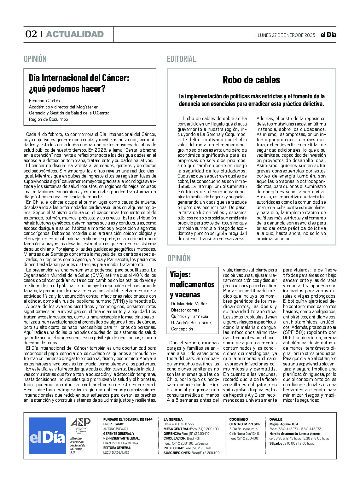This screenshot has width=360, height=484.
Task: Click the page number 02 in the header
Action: point(31,34)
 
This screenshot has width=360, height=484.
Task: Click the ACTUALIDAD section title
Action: point(75,34)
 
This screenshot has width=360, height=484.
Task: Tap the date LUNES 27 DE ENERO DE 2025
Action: point(286,35)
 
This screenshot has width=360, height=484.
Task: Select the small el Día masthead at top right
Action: point(328,35)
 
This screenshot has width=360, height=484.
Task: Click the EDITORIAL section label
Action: point(181,59)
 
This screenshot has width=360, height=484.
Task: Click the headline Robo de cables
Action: point(251,80)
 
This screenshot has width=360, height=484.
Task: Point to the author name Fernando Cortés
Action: point(44,101)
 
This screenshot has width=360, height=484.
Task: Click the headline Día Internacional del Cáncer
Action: point(79,78)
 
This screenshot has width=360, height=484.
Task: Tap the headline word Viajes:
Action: point(180,274)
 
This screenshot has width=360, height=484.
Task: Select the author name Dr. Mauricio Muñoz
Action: point(189,304)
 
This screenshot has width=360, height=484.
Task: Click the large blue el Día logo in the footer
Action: point(47,436)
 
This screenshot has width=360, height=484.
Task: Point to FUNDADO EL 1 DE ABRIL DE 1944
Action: point(128,419)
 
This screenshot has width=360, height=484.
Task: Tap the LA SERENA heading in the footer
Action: point(173,419)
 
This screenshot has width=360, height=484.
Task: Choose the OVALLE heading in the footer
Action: point(276,419)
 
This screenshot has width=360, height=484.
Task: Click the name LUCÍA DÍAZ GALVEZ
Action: point(116,452)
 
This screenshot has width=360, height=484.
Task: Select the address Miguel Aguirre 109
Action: point(284,424)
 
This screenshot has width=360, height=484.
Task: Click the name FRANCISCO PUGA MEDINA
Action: point(120,443)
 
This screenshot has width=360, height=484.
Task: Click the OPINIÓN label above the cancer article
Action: point(35,59)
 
